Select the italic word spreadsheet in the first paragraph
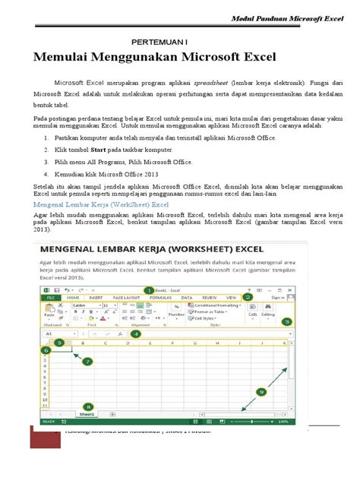216,81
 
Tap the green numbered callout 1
149,289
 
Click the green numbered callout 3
286,321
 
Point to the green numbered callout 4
135,333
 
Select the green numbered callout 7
88,362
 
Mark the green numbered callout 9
261,392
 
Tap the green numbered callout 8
89,406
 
